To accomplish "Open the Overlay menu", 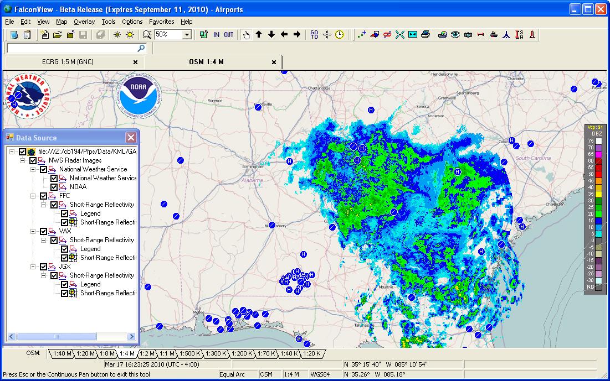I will tap(84, 22).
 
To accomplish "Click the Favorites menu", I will tap(161, 22).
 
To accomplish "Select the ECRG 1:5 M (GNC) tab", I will tap(68, 62).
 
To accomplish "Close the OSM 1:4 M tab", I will tap(274, 62).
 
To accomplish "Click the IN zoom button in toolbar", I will tap(216, 34).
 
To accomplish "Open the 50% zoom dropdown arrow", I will tap(187, 34).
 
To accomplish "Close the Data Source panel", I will tap(131, 138).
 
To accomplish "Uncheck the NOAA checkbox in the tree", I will tap(54, 187).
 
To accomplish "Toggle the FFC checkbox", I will tap(44, 196).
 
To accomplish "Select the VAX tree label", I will tap(65, 231).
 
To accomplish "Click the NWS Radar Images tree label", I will tap(75, 160).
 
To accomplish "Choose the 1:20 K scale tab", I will tap(312, 353).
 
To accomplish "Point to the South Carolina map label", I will tap(533, 158).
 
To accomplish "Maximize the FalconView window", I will tap(589, 9).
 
